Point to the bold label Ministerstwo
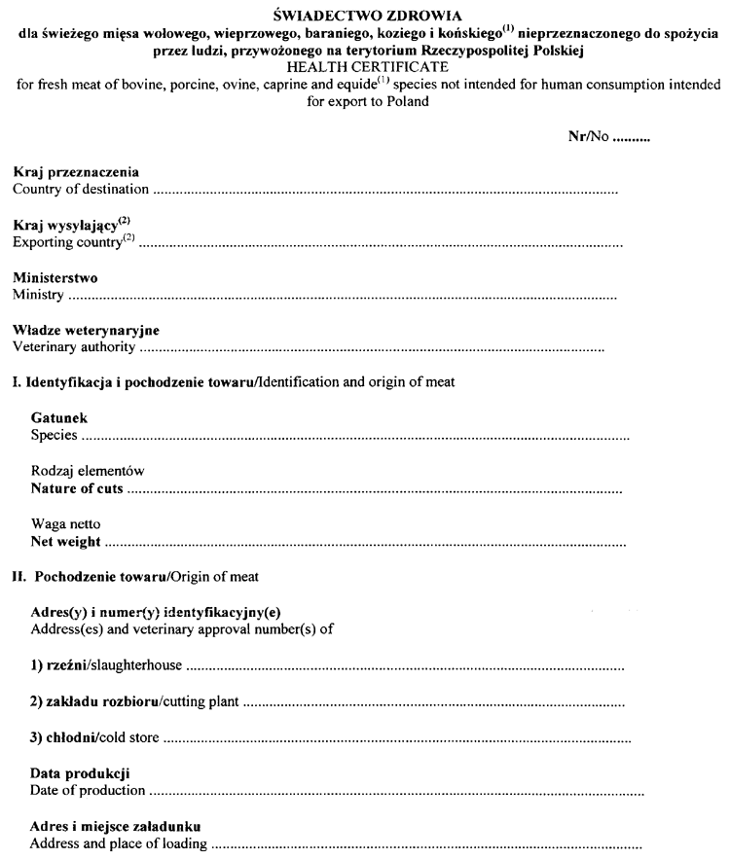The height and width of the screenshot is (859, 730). [x=55, y=278]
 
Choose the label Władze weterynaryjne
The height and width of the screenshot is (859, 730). [x=86, y=331]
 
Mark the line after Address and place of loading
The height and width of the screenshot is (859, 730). [x=428, y=844]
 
